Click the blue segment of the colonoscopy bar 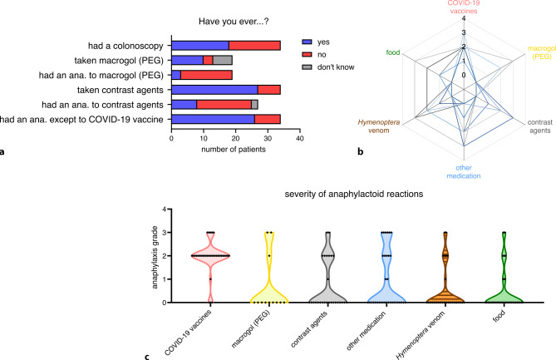pos(199,44)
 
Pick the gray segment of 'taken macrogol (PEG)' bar pos(223,59)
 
